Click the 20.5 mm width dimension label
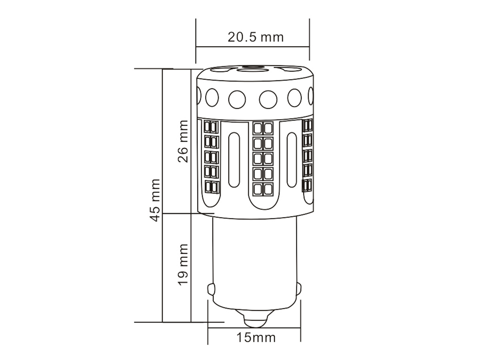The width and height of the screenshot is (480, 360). pyautogui.click(x=256, y=37)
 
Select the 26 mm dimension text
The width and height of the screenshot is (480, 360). pyautogui.click(x=183, y=142)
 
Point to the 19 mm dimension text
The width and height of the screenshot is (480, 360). pyautogui.click(x=183, y=265)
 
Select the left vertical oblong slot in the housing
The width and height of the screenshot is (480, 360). pyautogui.click(x=234, y=160)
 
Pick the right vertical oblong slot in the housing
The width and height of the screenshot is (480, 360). pyautogui.click(x=292, y=160)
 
